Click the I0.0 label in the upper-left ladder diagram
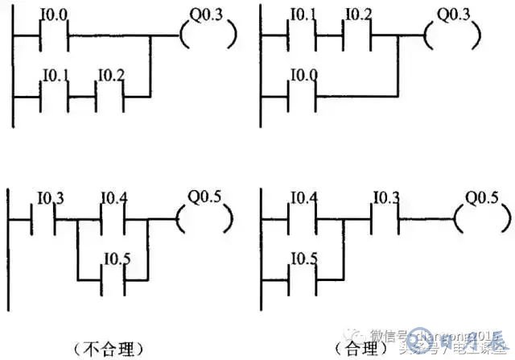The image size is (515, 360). click(x=53, y=14)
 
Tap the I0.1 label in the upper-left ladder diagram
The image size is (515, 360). click(x=53, y=77)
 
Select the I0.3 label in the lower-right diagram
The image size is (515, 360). click(x=386, y=198)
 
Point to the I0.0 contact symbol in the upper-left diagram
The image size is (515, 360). click(x=54, y=35)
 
